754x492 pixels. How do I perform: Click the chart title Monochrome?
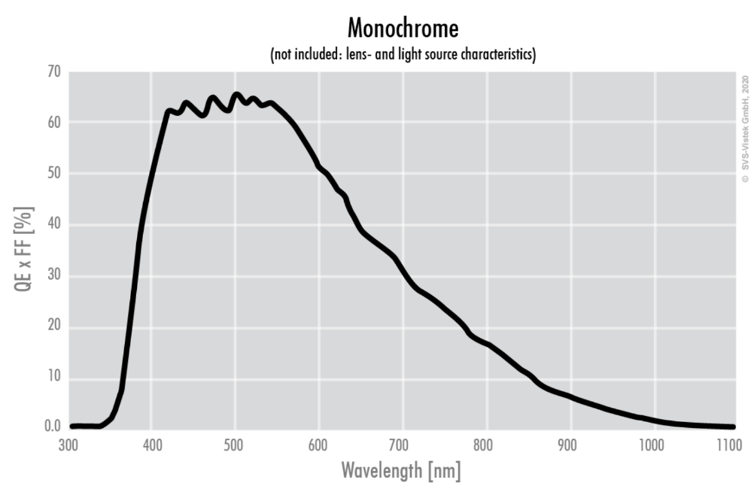click(x=403, y=29)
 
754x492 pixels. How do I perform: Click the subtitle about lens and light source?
click(x=403, y=56)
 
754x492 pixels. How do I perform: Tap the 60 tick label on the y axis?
click(x=52, y=123)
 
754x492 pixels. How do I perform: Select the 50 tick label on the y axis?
click(x=52, y=174)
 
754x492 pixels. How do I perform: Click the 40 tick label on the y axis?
click(x=52, y=225)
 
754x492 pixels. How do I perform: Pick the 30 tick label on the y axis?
click(x=52, y=276)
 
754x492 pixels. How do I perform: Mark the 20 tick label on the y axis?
click(x=52, y=327)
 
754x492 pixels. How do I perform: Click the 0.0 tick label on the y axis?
click(x=50, y=427)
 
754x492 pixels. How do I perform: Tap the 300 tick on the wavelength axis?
click(x=68, y=445)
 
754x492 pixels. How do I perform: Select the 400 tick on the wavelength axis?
click(x=151, y=445)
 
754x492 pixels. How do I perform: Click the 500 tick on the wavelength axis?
click(x=235, y=445)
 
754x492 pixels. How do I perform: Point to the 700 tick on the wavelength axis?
click(x=403, y=445)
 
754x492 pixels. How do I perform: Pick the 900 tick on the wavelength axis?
click(x=570, y=445)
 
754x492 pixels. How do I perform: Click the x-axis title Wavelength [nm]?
click(x=401, y=472)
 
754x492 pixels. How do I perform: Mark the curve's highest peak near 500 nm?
click(x=236, y=95)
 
